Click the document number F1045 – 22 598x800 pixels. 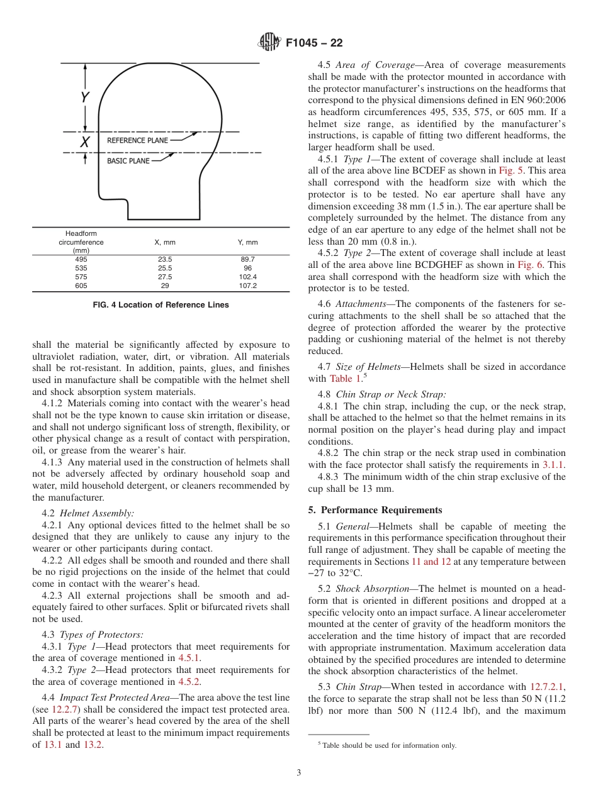pos(314,43)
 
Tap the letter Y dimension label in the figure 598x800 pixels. pos(84,97)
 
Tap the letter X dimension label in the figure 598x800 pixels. pos(84,143)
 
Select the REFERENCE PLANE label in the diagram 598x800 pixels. pos(138,140)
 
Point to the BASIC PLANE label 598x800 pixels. pos(128,161)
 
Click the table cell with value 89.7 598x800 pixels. pos(247,259)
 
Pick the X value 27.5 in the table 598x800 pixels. pos(165,277)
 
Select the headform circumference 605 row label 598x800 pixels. pos(81,286)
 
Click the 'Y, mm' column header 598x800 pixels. pos(247,242)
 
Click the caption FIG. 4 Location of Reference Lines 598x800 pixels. pos(161,305)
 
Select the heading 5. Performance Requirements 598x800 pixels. pos(375,510)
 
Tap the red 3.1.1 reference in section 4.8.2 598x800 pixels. pos(554,465)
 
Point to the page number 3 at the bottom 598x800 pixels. pos(298,772)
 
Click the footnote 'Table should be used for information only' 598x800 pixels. pos(388,745)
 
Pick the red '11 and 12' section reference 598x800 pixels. pos(431,562)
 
